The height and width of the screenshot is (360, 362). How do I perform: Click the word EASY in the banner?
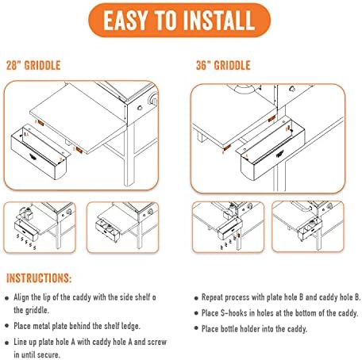coord(125,21)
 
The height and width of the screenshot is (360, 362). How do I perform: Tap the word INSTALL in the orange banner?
coord(218,21)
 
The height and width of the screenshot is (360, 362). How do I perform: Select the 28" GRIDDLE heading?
coord(33,65)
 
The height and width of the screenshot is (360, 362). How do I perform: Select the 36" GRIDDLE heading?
coord(223,65)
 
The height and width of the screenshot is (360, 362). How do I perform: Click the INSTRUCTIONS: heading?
coord(39,278)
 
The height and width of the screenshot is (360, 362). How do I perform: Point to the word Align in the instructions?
coord(21,297)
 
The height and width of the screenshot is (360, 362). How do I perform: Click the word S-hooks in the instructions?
coord(234,313)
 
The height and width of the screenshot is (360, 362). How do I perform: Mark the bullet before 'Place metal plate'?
coord(7,327)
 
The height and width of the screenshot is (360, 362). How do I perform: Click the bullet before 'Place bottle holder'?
coord(196,328)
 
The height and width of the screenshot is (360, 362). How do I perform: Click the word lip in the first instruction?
coord(47,297)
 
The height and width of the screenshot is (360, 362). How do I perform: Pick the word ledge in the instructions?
coord(130,326)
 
